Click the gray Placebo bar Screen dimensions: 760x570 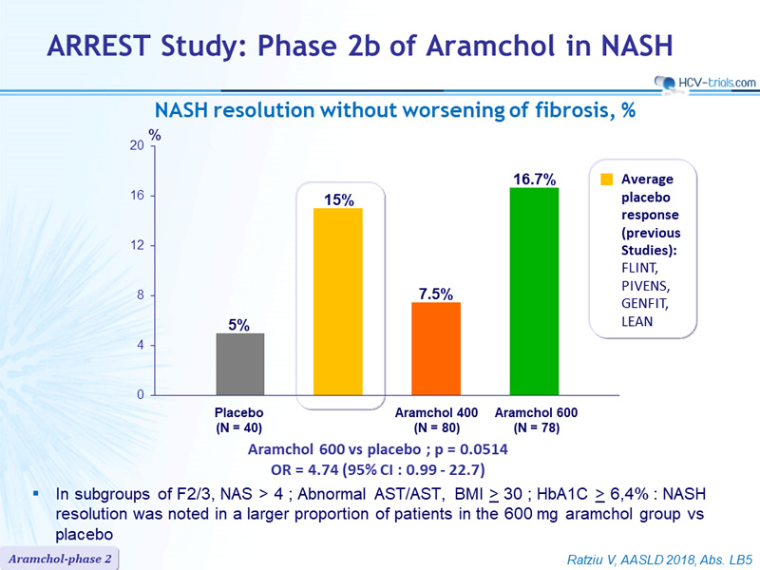click(x=240, y=364)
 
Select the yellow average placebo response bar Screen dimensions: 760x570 click(x=338, y=301)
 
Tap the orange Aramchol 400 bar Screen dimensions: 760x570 click(x=436, y=349)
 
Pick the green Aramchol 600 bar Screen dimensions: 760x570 click(x=534, y=292)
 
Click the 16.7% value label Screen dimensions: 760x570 click(x=535, y=180)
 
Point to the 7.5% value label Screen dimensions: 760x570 click(x=436, y=294)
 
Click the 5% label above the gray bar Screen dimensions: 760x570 click(x=239, y=325)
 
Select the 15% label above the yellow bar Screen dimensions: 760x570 click(x=339, y=199)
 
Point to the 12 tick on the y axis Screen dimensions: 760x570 click(x=137, y=245)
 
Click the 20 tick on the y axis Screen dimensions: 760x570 click(x=137, y=145)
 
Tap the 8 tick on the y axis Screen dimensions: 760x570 click(x=141, y=295)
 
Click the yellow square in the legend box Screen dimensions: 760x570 click(x=606, y=180)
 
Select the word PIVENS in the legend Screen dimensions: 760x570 click(x=645, y=286)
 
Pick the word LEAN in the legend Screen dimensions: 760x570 click(x=636, y=321)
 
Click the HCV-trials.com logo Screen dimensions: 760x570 click(x=705, y=83)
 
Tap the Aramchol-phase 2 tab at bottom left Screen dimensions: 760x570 click(x=60, y=559)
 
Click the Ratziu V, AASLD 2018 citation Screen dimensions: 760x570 click(x=659, y=560)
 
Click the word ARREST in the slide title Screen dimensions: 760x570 click(x=99, y=46)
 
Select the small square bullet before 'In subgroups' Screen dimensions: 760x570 click(x=36, y=493)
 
